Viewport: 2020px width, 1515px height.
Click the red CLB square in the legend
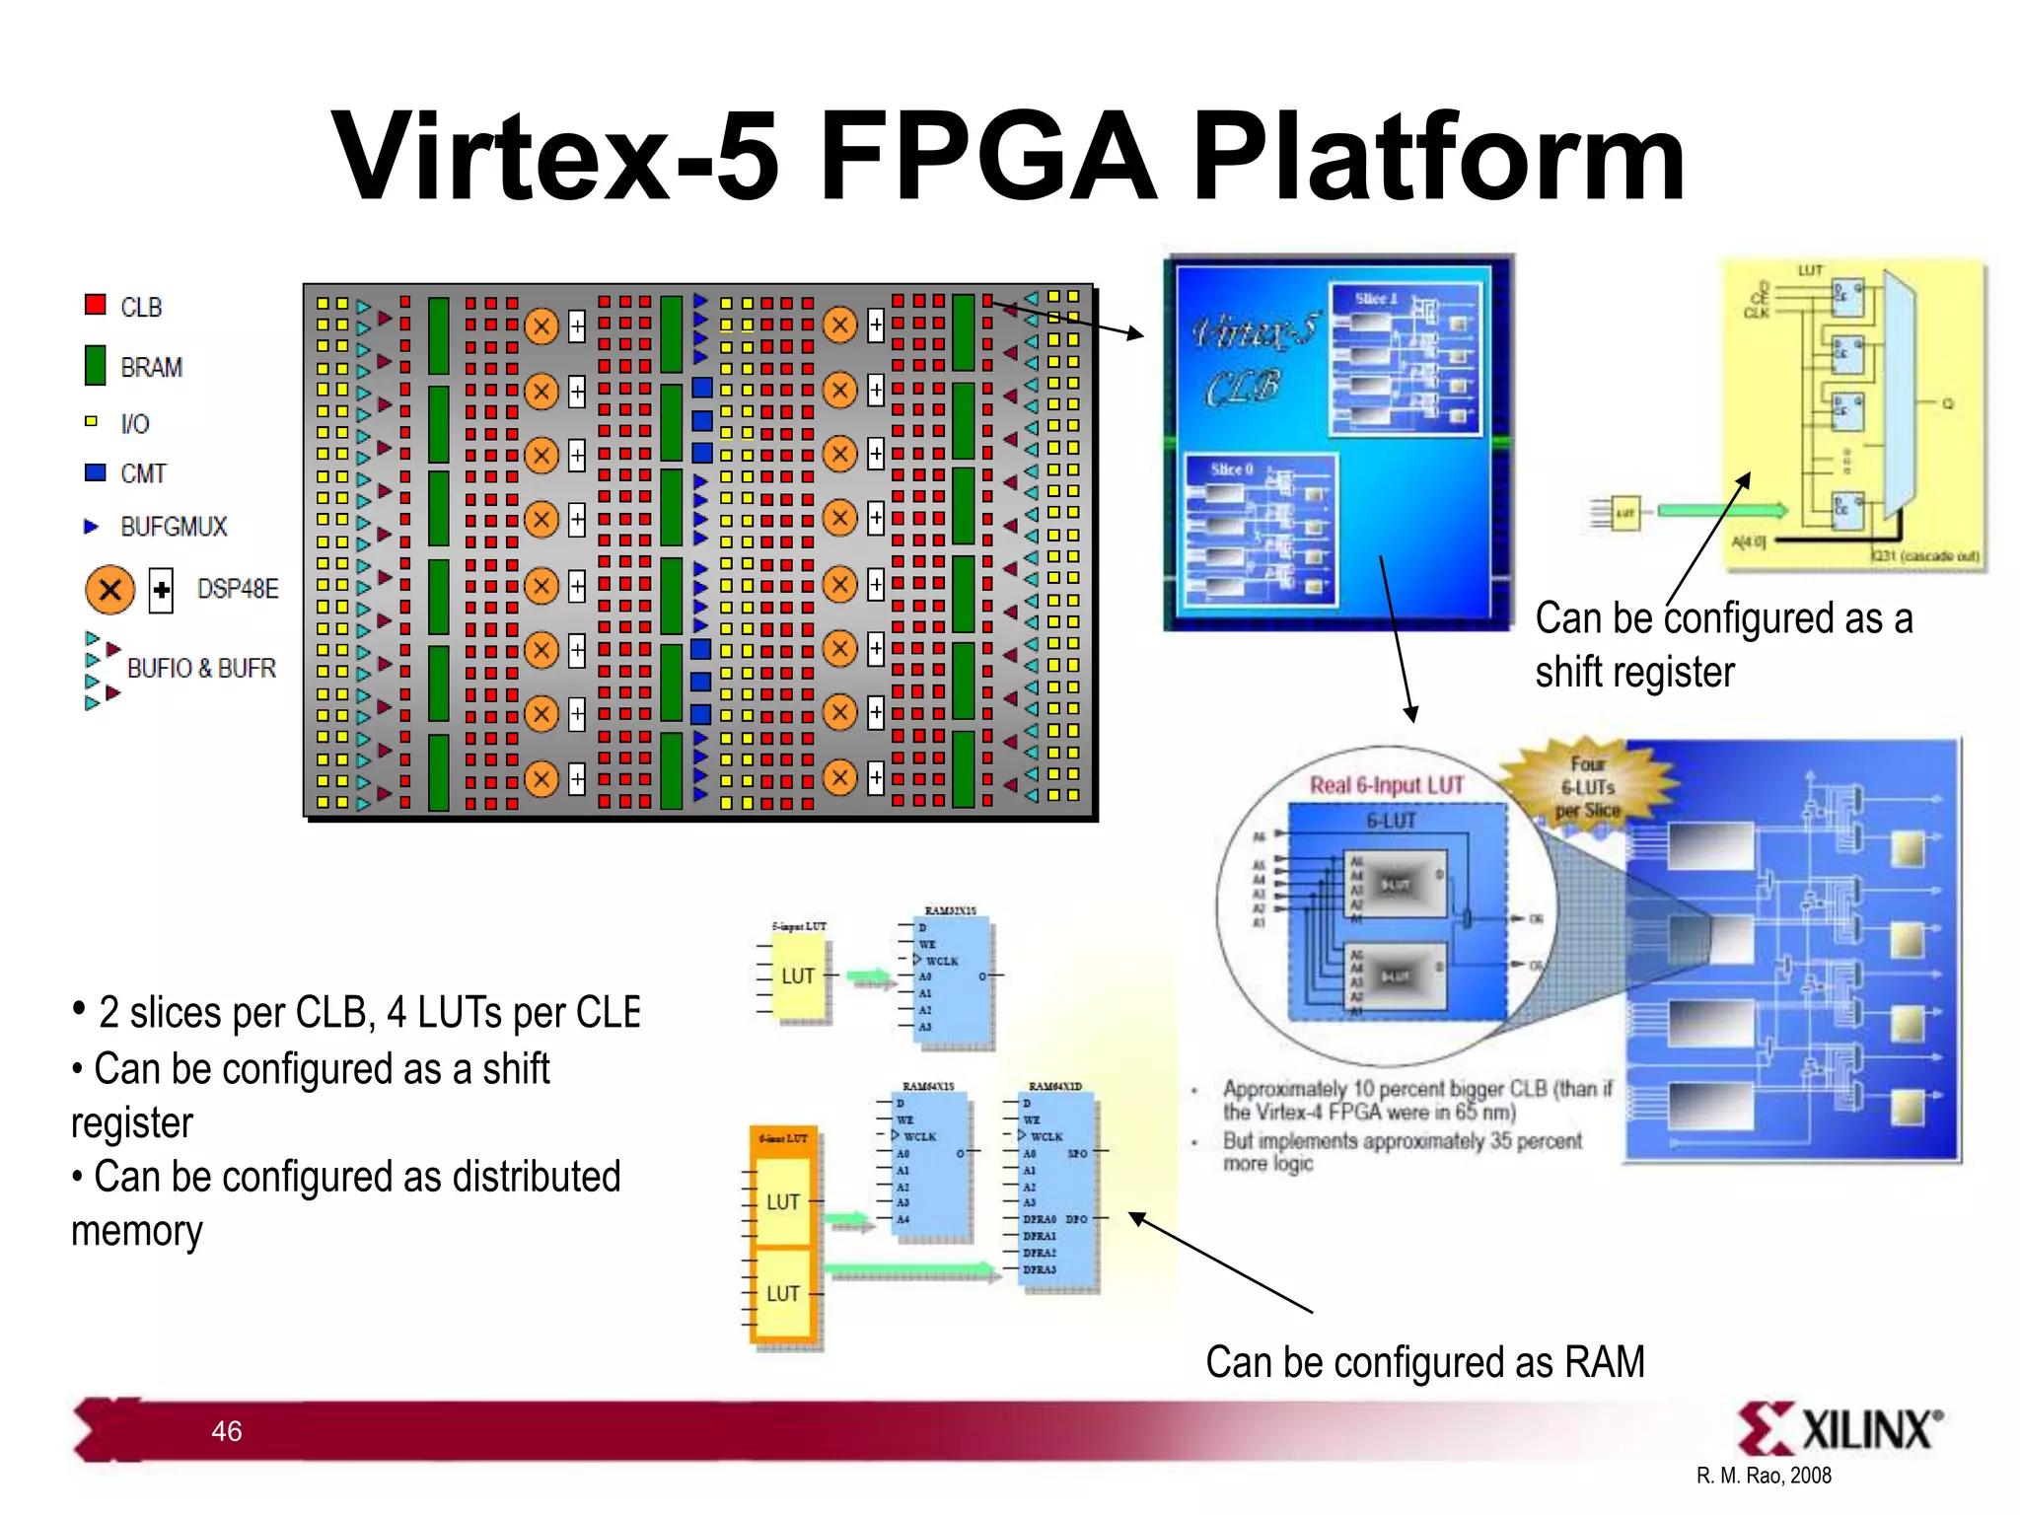tap(95, 304)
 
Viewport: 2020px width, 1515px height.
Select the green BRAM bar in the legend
tap(95, 365)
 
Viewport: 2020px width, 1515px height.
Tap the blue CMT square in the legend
tap(95, 472)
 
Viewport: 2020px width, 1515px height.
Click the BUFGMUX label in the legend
tap(174, 527)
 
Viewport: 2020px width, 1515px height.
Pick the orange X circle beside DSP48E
tap(109, 590)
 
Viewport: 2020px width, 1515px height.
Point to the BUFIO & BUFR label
tap(201, 669)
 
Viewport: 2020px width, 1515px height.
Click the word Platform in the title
tap(1437, 158)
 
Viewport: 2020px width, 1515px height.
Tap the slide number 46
tap(226, 1431)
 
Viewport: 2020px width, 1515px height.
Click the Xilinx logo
tap(1839, 1428)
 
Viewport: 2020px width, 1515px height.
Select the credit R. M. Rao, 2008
tap(1764, 1476)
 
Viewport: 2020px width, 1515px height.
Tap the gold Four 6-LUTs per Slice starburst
tap(1587, 787)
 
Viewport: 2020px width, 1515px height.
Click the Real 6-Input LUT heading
tap(1386, 785)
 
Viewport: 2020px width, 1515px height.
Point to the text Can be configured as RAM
tap(1424, 1362)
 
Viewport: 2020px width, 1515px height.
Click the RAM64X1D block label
tap(1054, 1086)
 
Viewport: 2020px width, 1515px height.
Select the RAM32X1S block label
tap(950, 910)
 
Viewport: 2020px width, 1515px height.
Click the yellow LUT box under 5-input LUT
tap(798, 976)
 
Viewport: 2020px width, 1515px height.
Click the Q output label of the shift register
tap(1947, 403)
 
